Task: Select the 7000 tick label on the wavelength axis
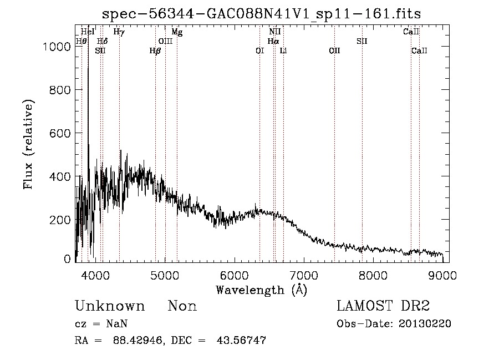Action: [x=304, y=275]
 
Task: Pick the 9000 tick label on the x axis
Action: [x=442, y=275]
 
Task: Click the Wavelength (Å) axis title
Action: [x=261, y=290]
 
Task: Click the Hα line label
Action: [x=273, y=41]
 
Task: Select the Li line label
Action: [x=283, y=51]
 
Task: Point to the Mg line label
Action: [x=177, y=32]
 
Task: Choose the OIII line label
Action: [x=165, y=41]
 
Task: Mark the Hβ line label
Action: [x=155, y=51]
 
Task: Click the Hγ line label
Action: [x=119, y=32]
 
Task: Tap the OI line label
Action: [x=259, y=51]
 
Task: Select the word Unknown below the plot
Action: [x=110, y=307]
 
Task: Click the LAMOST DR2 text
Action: [x=383, y=307]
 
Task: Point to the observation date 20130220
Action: [x=425, y=324]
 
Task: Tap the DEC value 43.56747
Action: [x=242, y=341]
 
